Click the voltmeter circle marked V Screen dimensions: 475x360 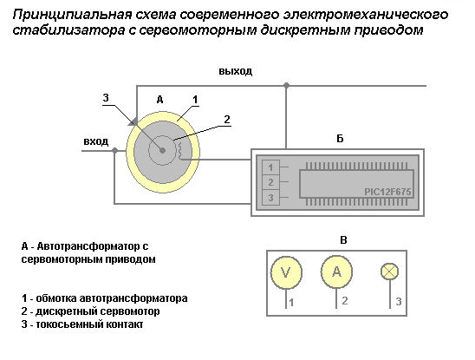coord(286,272)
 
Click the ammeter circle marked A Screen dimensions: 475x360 coord(336,272)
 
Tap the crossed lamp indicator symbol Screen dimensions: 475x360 coord(389,272)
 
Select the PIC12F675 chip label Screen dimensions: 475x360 coord(387,192)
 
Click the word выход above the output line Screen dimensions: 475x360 coord(236,71)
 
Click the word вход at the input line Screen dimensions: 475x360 coord(95,141)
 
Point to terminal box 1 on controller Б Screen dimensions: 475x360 coord(270,167)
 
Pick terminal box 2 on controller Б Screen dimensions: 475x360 coord(270,182)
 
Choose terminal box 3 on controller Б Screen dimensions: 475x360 coord(270,198)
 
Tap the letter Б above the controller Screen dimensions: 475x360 coord(340,139)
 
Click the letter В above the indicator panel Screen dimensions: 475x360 coord(343,240)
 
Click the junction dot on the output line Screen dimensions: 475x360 coord(286,86)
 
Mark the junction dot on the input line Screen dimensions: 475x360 coord(114,150)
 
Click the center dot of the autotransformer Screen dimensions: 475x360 coord(162,150)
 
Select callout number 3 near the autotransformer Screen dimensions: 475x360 coord(106,98)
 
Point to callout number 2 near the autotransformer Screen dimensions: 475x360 coord(227,120)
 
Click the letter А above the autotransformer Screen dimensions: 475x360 coord(160,99)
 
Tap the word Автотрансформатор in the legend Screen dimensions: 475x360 coord(88,246)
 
